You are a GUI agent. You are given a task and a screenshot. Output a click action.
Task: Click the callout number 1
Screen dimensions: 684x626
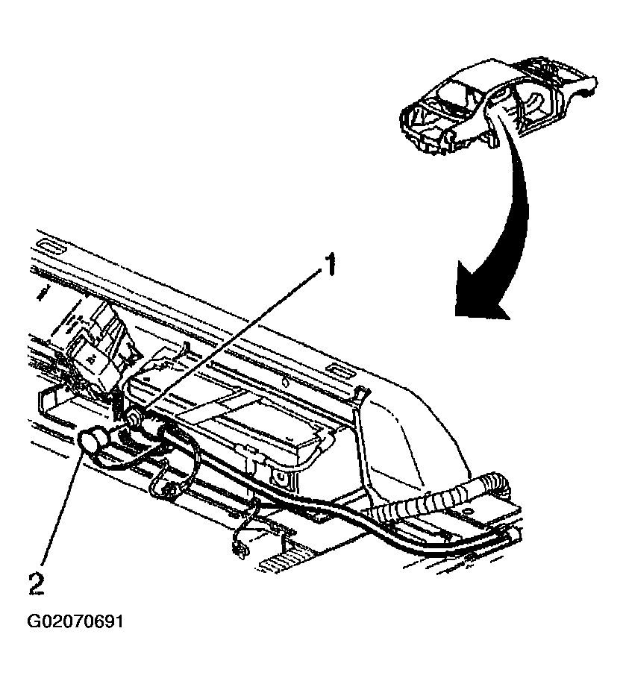(327, 265)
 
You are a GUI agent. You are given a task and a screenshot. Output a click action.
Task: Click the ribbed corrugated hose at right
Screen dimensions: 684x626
(440, 503)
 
